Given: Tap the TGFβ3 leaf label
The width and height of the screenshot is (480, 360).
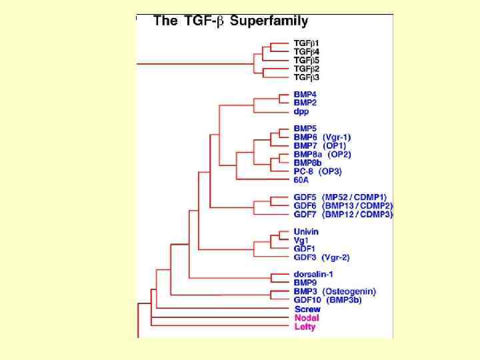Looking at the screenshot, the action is tap(307, 77).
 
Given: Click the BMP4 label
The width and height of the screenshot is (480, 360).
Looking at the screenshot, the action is tap(305, 94).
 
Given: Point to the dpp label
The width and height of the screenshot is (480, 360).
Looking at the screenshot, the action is tap(301, 111).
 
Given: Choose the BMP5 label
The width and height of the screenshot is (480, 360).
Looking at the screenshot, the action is tap(305, 128).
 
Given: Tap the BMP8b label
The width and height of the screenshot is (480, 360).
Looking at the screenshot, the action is tap(308, 162).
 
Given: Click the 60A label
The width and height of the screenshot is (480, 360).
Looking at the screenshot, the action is tap(302, 180).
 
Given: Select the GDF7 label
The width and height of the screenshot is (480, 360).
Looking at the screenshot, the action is tap(305, 214).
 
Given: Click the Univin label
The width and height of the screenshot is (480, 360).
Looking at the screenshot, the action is tap(306, 231).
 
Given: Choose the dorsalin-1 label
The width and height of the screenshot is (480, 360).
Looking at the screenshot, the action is tap(313, 274).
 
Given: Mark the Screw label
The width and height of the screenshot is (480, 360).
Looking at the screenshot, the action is tap(307, 309).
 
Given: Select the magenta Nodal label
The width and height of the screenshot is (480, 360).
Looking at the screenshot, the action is tap(305, 317).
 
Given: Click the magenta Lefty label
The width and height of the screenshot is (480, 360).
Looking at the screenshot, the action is tap(305, 327).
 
